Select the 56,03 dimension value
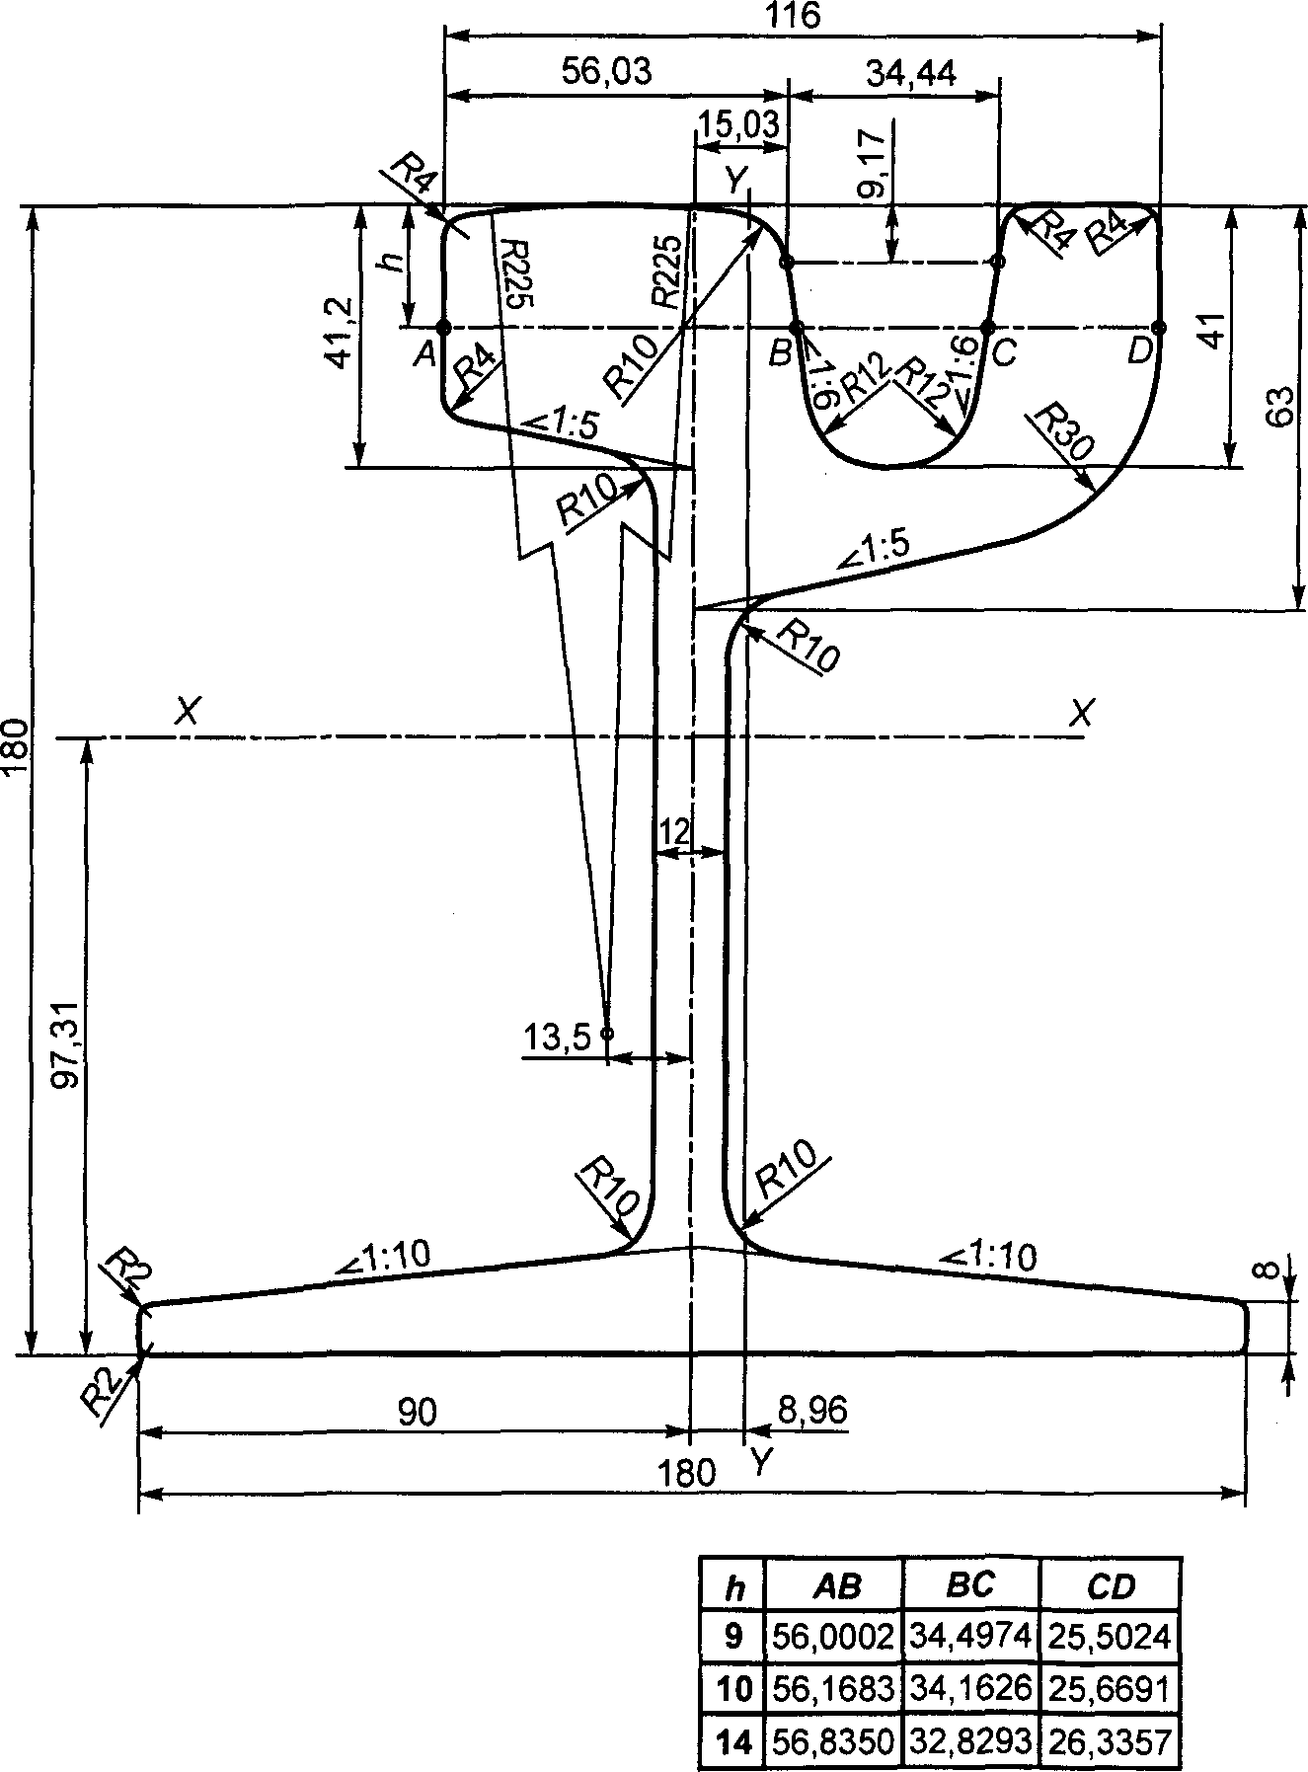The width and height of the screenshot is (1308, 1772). point(606,72)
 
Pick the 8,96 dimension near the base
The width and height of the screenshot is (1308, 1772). point(810,1411)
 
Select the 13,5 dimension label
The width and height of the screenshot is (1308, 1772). point(557,1038)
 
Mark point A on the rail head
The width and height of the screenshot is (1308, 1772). point(443,327)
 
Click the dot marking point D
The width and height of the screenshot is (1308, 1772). point(1158,327)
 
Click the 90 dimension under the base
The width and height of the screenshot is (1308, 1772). point(417,1414)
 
